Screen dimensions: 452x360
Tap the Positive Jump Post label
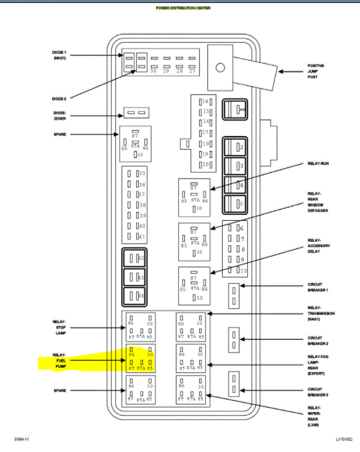[x=315, y=71]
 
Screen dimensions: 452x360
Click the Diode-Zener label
[x=59, y=115]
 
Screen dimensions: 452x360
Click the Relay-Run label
[x=317, y=163]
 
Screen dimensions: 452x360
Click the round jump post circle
[x=220, y=67]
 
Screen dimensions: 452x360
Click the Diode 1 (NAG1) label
[x=59, y=55]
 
